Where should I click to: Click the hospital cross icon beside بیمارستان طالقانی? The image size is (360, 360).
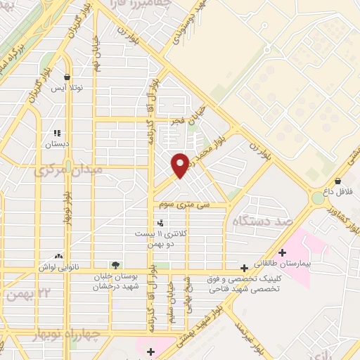point(282,252)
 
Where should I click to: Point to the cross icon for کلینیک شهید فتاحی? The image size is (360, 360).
point(244,268)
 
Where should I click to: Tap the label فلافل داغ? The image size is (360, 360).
point(338,191)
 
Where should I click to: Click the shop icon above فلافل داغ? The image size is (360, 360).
point(338,180)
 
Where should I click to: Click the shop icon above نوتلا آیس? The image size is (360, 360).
point(67,77)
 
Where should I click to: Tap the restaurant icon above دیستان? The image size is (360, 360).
point(58,132)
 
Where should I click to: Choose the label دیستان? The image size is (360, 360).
point(58,143)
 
